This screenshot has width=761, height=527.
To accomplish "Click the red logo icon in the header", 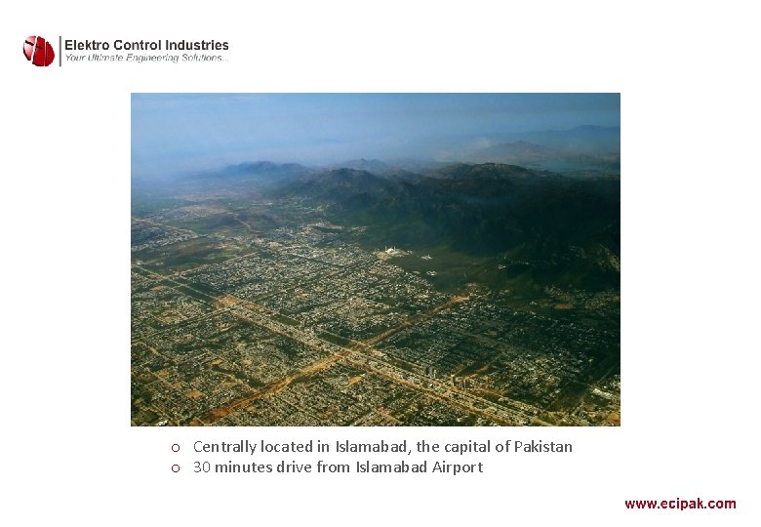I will [39, 51].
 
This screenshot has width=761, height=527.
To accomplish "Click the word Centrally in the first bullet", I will [224, 447].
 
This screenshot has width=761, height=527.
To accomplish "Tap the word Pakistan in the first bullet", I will [542, 447].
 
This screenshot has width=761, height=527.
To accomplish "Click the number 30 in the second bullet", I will [202, 467].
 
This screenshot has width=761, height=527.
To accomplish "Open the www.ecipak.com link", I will [680, 504].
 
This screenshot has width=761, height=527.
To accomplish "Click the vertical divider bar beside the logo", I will [60, 51].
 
